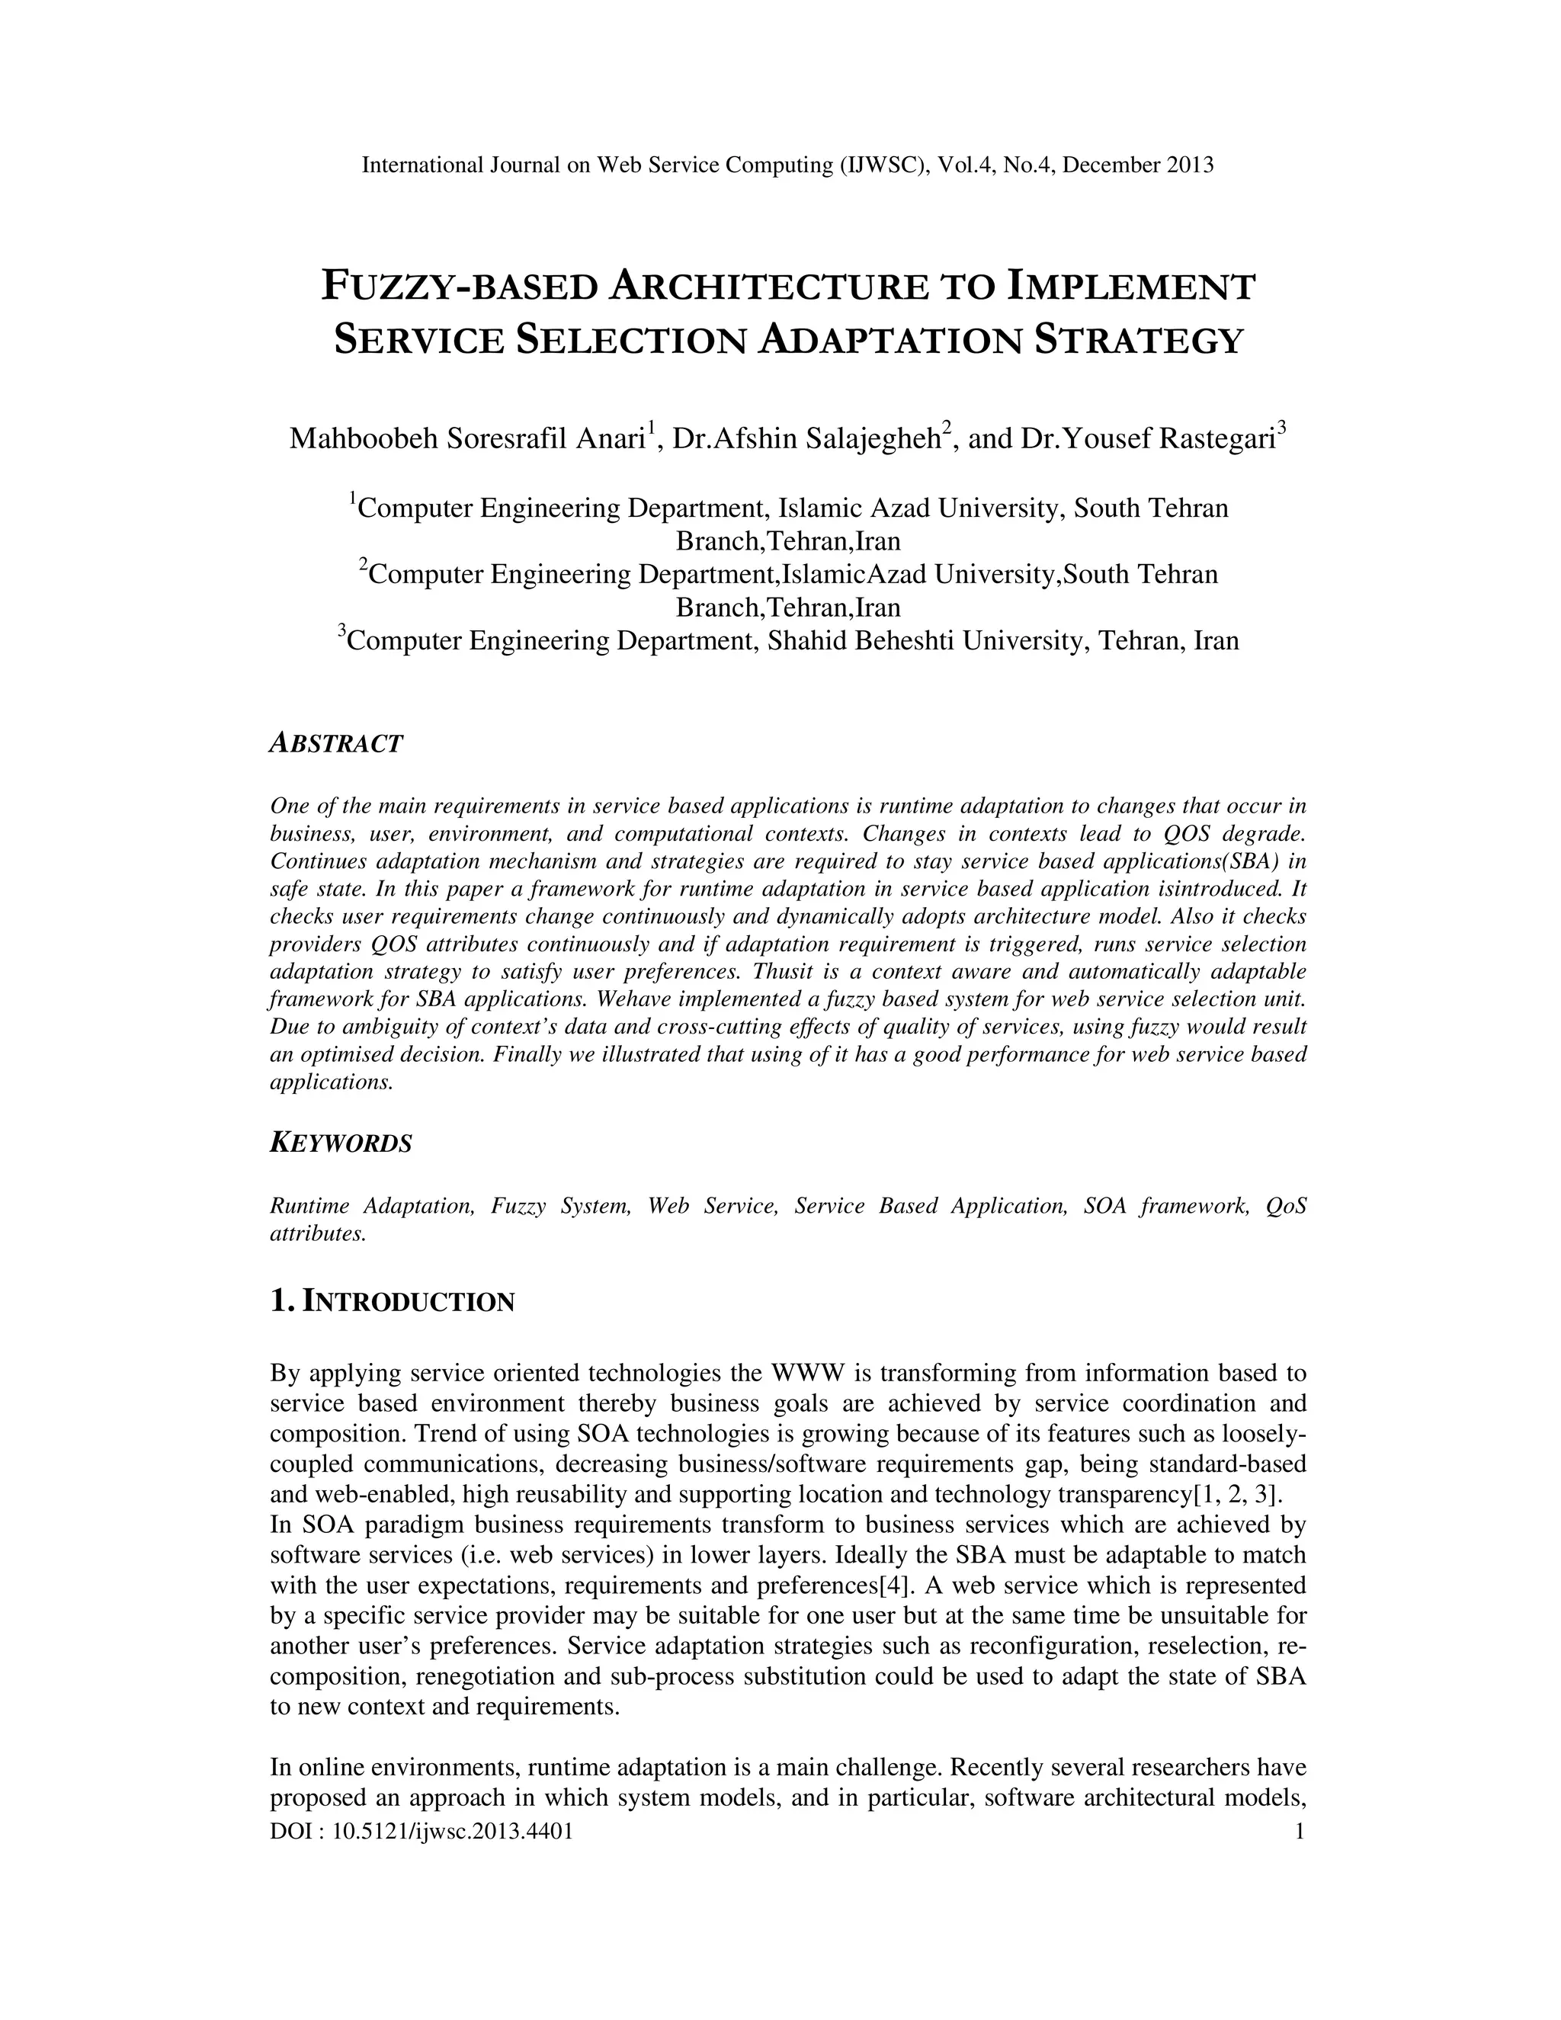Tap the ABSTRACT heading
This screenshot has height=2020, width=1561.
point(335,744)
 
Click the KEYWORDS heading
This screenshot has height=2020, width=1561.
point(340,1143)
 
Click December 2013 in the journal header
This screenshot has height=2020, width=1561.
point(1139,165)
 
